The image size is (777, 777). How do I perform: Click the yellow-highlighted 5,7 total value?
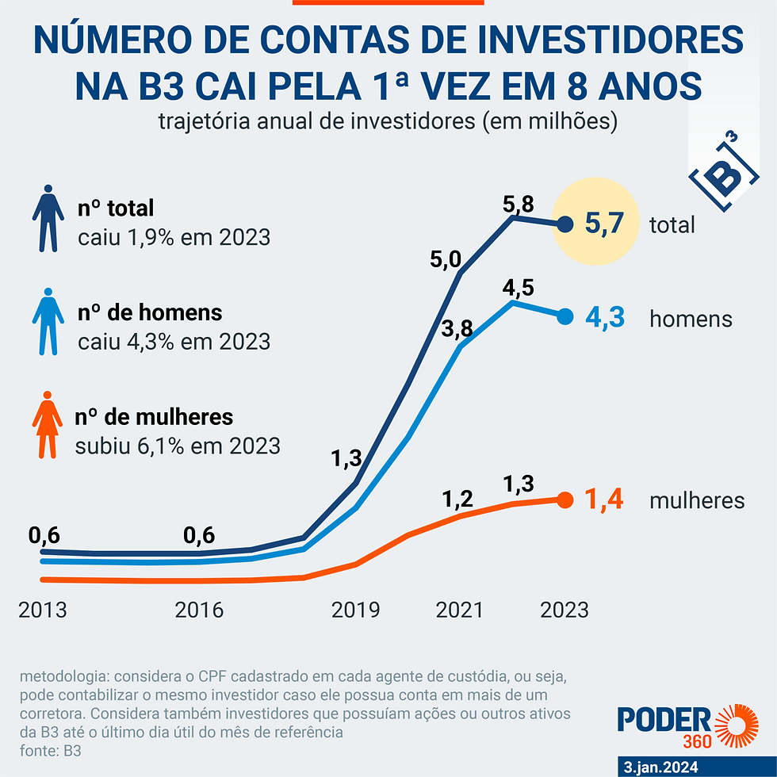611,224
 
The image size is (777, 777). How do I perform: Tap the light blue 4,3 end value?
606,318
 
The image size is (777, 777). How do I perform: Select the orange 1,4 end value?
605,500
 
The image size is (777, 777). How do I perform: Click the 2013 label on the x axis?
42,610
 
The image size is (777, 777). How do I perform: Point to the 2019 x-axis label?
355,610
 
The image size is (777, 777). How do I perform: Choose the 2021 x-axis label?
460,610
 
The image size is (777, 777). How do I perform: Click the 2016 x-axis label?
199,610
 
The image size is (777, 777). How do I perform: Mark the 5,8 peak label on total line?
519,204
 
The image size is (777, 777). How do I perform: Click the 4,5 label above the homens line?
519,287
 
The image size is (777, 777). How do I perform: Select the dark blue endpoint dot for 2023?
565,224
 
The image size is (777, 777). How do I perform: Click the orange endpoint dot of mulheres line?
565,500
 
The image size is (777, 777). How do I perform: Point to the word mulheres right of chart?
696,500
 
